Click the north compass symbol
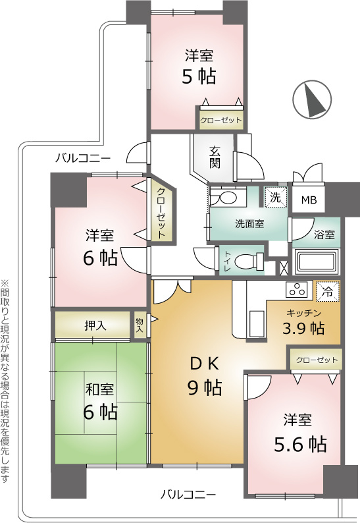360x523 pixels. (x=312, y=99)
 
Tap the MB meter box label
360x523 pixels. (x=309, y=200)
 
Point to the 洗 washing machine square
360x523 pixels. (x=276, y=198)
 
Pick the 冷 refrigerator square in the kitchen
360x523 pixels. (x=328, y=292)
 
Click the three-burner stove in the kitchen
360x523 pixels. (x=299, y=290)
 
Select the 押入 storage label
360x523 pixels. (x=95, y=325)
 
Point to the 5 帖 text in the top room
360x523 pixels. (x=199, y=76)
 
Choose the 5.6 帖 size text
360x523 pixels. (x=300, y=444)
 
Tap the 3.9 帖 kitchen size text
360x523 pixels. (x=303, y=329)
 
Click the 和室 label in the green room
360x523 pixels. (x=100, y=389)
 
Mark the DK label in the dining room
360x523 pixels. (x=205, y=364)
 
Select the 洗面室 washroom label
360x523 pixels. (x=249, y=224)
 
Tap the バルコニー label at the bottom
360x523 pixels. (x=188, y=494)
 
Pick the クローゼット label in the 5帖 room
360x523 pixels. (x=220, y=120)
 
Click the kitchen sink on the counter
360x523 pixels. (x=256, y=323)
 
